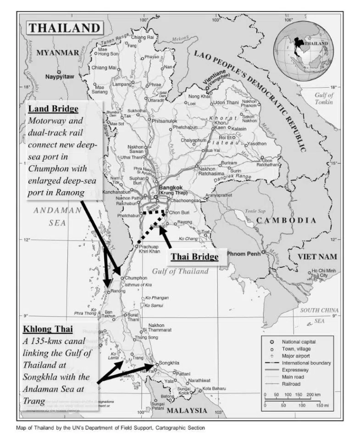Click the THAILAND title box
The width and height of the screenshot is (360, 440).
[64, 27]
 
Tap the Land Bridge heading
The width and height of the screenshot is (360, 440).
[53, 109]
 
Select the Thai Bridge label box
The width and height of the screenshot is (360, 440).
[194, 257]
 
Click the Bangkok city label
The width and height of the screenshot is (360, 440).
[171, 187]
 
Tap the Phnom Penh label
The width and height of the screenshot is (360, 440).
[247, 254]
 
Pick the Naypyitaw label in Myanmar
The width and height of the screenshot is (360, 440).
[59, 77]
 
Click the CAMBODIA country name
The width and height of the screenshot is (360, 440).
[286, 220]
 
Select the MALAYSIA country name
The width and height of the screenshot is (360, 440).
[187, 410]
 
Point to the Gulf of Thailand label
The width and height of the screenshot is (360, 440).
[180, 271]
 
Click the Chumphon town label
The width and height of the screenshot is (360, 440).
[136, 278]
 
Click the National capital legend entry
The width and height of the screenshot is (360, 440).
[298, 342]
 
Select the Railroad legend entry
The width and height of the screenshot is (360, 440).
[292, 384]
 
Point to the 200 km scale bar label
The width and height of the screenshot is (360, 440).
[313, 394]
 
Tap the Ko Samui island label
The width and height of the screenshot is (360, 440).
[154, 305]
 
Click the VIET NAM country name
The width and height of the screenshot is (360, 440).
[317, 256]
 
